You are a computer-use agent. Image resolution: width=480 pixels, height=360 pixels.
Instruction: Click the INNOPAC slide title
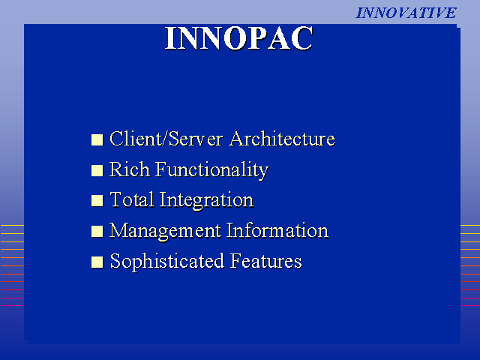(x=239, y=38)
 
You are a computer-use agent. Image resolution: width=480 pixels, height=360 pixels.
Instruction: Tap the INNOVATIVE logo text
(x=406, y=13)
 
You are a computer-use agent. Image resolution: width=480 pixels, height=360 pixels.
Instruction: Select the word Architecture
(x=282, y=139)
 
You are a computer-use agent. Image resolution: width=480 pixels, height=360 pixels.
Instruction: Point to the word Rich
(x=130, y=169)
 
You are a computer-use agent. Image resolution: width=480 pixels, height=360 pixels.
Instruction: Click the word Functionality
(x=211, y=169)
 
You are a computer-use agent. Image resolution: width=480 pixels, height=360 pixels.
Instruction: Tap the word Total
(x=132, y=199)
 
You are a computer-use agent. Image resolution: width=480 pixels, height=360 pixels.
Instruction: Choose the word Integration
(x=206, y=200)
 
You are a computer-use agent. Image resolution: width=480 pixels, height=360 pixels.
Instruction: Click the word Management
(x=165, y=231)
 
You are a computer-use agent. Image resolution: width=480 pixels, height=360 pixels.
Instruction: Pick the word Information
(x=277, y=230)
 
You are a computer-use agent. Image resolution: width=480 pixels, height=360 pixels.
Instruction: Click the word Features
(x=266, y=261)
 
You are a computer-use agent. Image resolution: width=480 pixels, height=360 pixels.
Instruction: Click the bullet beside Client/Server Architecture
(x=97, y=140)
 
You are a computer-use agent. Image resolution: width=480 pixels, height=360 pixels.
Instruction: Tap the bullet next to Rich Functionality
(x=97, y=170)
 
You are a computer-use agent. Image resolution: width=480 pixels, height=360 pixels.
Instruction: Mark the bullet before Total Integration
(x=97, y=201)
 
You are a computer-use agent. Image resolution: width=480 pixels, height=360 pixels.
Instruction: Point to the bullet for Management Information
(x=97, y=232)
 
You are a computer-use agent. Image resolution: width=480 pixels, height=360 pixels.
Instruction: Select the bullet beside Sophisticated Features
(x=97, y=262)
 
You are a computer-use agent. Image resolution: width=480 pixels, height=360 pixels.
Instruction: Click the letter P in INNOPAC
(x=258, y=38)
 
